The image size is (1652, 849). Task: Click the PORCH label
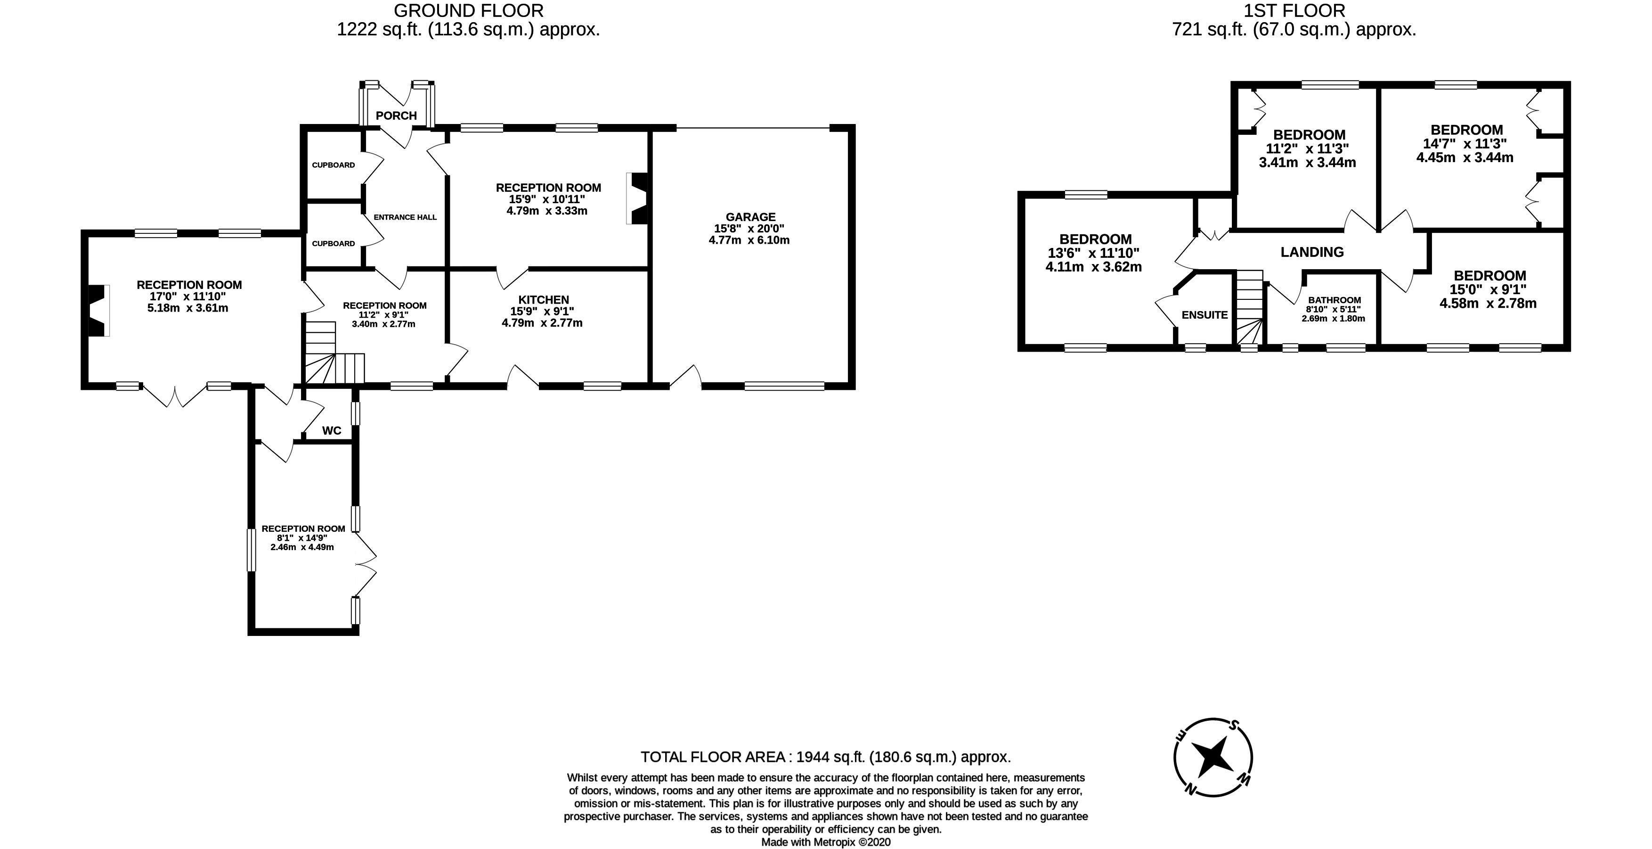pos(396,115)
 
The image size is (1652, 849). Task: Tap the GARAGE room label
pos(750,217)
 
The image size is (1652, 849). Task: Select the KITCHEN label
pos(543,300)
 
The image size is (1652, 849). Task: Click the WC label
pos(332,430)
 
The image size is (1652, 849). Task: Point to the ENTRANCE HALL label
pos(405,217)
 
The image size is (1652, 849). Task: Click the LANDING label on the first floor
pos(1311,252)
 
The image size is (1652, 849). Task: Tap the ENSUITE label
pos(1204,315)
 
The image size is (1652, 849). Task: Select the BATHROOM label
pos(1334,300)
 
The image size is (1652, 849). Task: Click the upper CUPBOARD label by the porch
pos(333,165)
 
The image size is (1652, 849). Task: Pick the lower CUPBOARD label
pos(333,243)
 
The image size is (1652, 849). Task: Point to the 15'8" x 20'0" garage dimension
pos(749,229)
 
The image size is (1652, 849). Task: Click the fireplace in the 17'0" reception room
pos(98,311)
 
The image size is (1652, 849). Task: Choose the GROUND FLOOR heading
pos(468,11)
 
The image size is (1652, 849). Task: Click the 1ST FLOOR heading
pos(1294,11)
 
